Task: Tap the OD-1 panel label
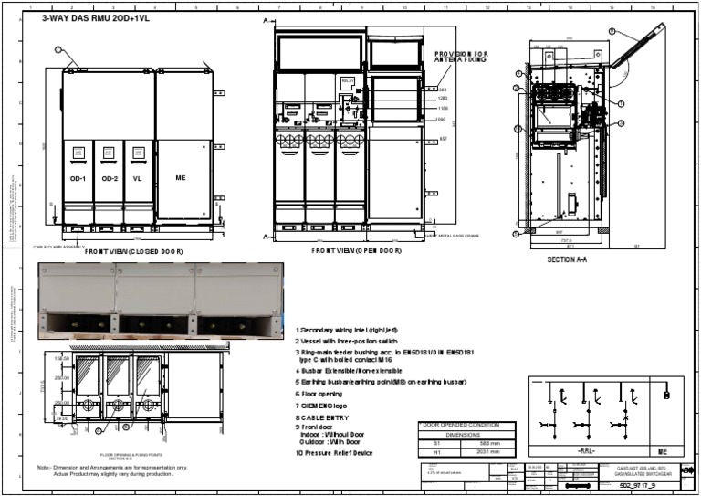point(78,178)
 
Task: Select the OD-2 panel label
point(110,178)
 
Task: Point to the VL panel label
point(137,178)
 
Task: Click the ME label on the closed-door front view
point(181,176)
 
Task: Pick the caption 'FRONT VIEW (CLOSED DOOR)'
point(134,250)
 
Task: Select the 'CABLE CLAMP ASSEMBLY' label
point(59,247)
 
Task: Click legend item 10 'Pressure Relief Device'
point(334,452)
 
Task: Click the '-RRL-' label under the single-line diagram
point(586,451)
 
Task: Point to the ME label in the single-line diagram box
point(664,451)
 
